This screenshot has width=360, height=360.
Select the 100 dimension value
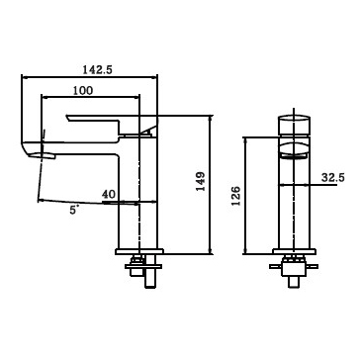coord(83,90)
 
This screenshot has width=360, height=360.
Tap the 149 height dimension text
coord(200,181)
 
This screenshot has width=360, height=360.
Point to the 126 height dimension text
coord(235,196)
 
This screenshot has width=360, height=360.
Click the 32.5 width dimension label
coord(333,178)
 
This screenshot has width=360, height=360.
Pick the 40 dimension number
coord(109,194)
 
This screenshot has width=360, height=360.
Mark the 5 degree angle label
coord(74,210)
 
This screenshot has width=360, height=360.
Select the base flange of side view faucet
coord(139,252)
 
